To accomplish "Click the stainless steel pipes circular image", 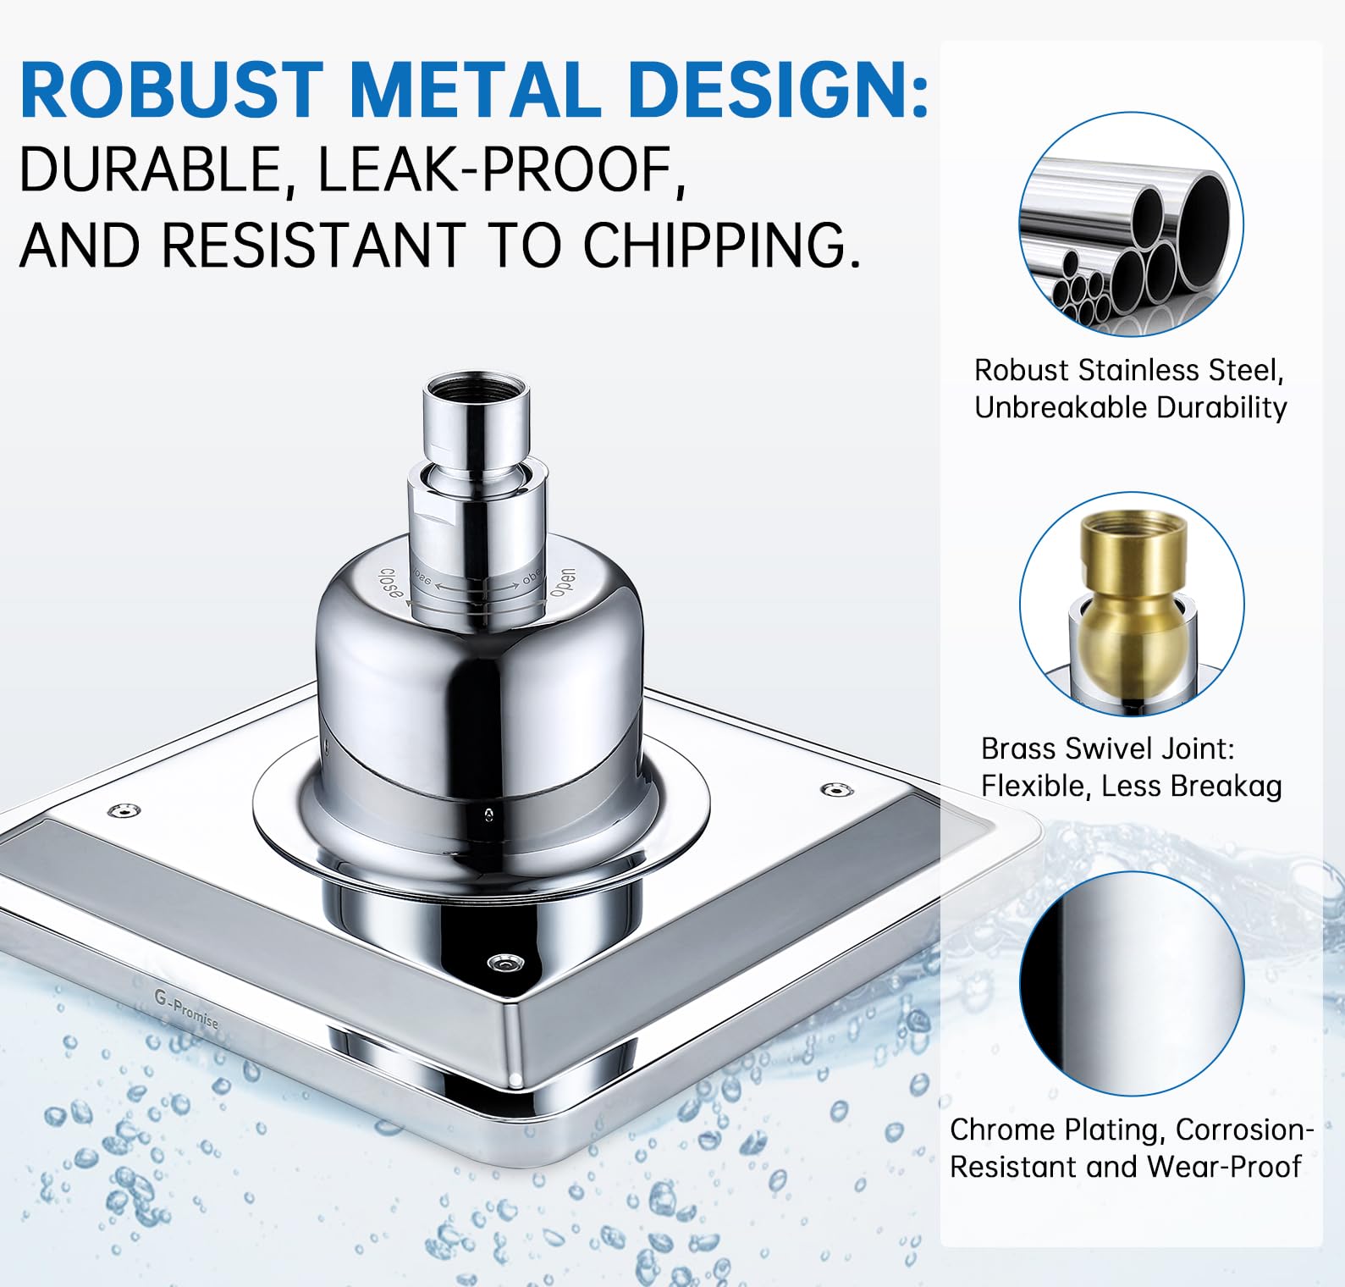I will (1131, 224).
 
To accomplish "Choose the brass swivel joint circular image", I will (1131, 605).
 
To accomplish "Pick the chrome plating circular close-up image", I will (1131, 984).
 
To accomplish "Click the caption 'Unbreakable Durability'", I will (1130, 407).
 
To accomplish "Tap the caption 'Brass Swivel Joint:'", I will (1107, 748).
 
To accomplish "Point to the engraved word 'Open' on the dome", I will (562, 583).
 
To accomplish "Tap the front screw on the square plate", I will (505, 963).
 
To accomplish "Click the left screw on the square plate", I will (124, 811).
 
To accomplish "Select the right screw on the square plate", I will (836, 790).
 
